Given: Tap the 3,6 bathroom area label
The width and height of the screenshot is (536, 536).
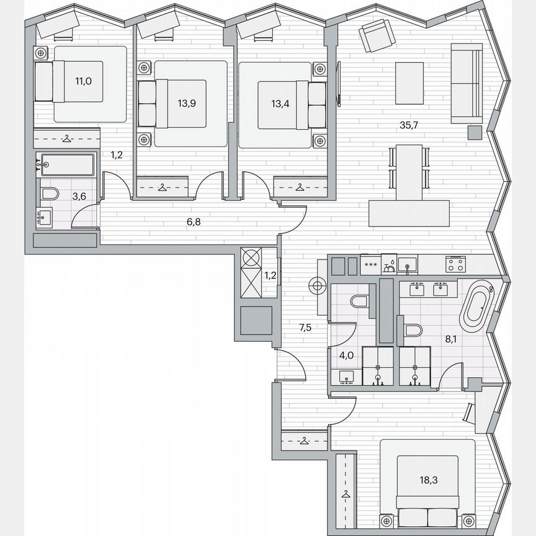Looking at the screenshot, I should [x=79, y=197].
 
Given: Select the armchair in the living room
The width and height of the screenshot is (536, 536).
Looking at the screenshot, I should [x=375, y=36].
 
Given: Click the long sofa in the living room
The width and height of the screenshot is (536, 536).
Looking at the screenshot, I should [x=466, y=84].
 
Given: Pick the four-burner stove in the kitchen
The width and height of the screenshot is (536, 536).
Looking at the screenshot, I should [x=455, y=264].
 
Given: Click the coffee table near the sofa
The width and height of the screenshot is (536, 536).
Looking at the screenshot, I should [x=409, y=83].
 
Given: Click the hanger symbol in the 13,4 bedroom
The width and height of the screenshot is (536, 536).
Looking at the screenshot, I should [x=300, y=185].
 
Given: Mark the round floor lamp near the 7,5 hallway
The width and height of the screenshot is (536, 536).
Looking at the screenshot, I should [x=318, y=286].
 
